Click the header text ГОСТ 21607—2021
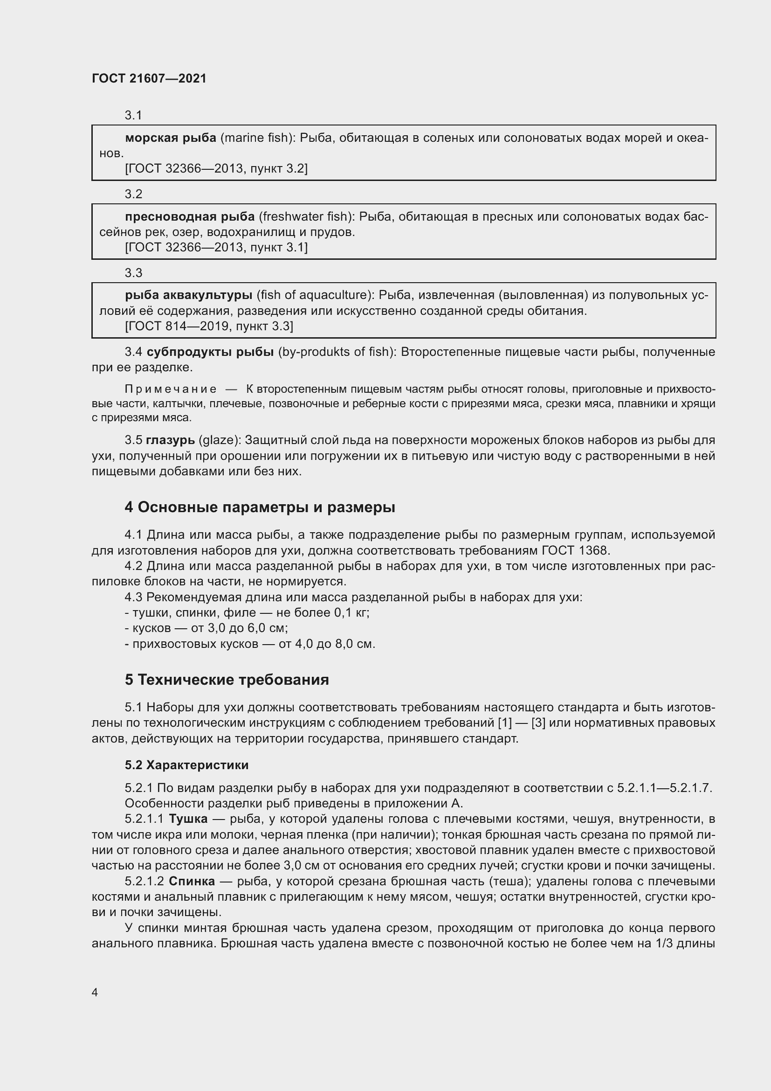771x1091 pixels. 149,78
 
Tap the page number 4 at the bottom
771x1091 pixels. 95,992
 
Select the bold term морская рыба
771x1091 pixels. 171,138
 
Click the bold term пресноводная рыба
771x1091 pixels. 190,217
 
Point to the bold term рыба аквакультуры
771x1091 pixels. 188,295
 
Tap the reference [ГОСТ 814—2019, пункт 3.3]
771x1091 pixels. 209,326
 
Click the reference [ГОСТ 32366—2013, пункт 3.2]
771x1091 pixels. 216,168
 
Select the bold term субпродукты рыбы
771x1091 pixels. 210,352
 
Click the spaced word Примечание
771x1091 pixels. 171,389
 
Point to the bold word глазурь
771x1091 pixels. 170,440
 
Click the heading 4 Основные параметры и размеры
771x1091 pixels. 260,507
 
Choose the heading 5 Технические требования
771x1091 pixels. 227,680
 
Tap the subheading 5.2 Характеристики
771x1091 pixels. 186,765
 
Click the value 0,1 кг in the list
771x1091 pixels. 351,612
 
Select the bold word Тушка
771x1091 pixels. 188,819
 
